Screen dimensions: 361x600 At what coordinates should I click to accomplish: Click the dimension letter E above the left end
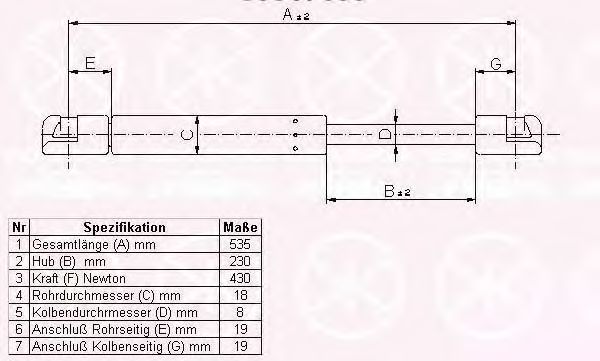click(90, 64)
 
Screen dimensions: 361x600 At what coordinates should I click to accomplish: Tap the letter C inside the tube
click(183, 135)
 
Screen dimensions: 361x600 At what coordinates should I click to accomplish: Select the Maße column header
click(237, 227)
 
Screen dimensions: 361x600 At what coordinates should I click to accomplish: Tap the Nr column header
click(17, 227)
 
